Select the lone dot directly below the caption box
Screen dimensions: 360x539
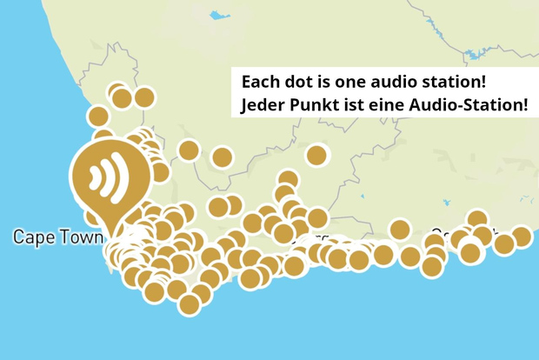pos(317,156)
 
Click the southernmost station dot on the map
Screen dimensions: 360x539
pos(190,304)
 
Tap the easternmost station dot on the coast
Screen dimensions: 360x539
pos(521,237)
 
